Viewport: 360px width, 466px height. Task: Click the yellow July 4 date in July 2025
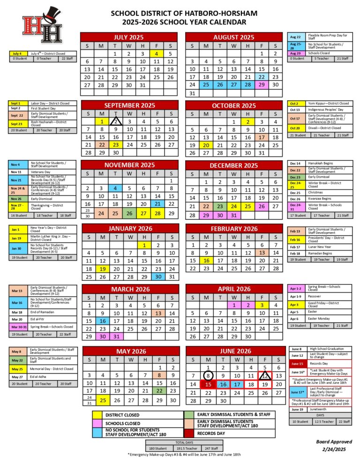click(x=157, y=53)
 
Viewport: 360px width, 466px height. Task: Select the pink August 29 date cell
click(x=262, y=85)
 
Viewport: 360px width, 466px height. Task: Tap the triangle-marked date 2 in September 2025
click(x=115, y=121)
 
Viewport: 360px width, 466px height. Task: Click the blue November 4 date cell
click(x=115, y=188)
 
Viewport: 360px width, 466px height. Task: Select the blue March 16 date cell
click(x=102, y=321)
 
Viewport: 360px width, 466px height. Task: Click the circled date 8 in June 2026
click(x=208, y=375)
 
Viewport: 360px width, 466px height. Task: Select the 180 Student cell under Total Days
click(x=158, y=448)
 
